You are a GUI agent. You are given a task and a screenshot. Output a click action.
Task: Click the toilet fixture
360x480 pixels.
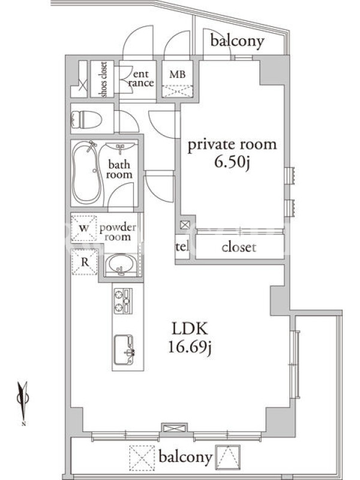click(x=86, y=119)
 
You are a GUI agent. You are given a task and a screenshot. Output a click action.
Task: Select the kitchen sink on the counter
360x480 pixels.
click(x=125, y=350)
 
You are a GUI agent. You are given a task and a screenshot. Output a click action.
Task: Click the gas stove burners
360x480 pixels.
click(x=123, y=301)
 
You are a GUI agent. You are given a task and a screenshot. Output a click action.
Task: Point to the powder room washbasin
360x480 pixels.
click(x=121, y=265)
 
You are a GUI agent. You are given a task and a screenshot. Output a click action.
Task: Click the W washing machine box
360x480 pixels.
click(x=84, y=228)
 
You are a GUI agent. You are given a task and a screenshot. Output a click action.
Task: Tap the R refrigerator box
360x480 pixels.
click(x=85, y=262)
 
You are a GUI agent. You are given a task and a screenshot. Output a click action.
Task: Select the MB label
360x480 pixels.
click(x=178, y=74)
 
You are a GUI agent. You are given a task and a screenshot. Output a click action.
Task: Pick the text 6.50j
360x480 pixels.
click(x=232, y=161)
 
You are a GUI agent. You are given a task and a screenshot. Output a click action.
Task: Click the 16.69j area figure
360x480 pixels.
click(x=190, y=347)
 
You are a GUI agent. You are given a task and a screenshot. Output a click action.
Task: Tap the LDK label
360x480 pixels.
click(x=190, y=329)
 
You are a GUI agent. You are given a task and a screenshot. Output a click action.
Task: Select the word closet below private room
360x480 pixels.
click(x=239, y=247)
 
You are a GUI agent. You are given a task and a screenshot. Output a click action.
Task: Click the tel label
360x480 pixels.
click(x=182, y=247)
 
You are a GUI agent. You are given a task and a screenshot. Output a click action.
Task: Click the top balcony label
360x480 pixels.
click(x=237, y=41)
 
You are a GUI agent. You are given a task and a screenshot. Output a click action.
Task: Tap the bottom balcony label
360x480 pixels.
click(x=185, y=457)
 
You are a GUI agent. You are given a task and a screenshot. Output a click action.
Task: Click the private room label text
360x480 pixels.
click(x=232, y=145)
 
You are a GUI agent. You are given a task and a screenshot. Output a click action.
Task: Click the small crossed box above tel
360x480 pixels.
click(x=185, y=226)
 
